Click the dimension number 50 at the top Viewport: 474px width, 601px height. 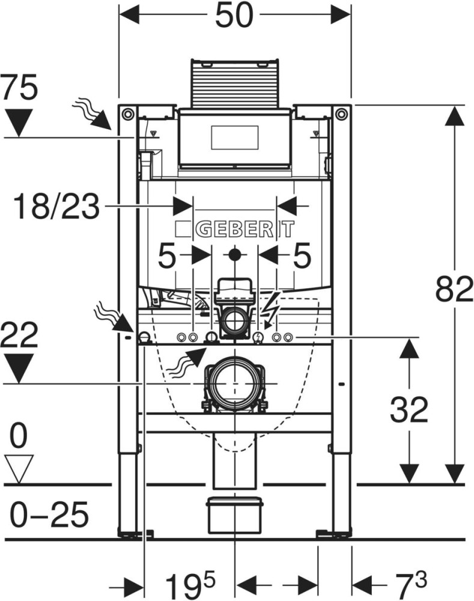(x=234, y=16)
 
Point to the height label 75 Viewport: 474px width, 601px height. (x=19, y=89)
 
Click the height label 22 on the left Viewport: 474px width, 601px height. (x=19, y=334)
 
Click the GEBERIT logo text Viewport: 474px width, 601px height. (x=235, y=229)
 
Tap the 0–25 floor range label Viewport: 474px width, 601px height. (x=50, y=514)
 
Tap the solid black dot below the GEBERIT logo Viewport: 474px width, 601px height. (x=235, y=255)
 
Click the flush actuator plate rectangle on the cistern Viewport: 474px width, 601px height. (x=235, y=135)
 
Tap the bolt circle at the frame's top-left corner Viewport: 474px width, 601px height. (x=127, y=114)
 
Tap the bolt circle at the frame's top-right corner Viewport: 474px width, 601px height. (x=342, y=114)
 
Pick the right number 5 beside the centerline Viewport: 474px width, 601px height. (x=302, y=257)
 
